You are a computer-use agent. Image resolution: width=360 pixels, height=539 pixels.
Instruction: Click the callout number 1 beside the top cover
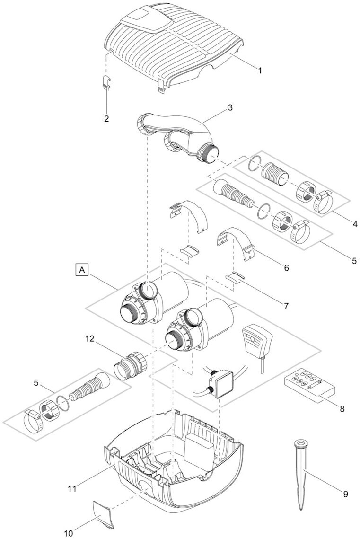260,71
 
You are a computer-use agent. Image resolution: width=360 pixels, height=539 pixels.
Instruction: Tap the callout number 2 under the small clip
106,118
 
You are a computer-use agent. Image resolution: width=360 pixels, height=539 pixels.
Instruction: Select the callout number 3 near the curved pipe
230,107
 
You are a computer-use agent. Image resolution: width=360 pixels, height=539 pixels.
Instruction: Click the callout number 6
286,268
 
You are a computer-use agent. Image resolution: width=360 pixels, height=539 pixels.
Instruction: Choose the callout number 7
286,306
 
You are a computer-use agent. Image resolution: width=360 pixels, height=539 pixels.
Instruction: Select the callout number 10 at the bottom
69,533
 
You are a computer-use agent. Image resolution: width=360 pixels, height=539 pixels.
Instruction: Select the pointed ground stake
301,473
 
